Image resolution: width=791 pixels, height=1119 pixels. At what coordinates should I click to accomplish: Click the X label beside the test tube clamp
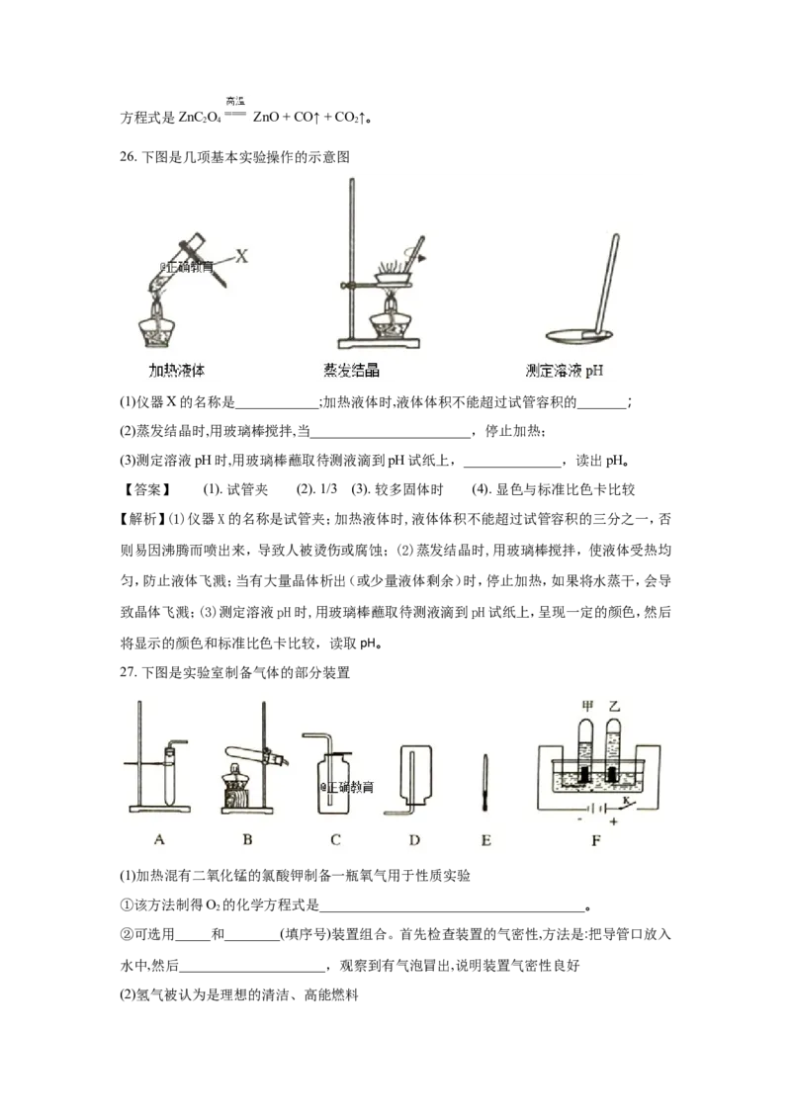tap(241, 255)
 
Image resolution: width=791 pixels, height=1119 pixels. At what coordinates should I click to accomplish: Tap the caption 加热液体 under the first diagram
tap(176, 371)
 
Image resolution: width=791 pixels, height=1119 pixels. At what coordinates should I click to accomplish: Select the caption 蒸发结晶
tap(351, 370)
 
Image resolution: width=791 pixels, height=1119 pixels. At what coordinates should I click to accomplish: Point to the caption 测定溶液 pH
tap(564, 371)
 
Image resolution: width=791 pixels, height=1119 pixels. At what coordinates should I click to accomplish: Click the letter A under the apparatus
tap(159, 839)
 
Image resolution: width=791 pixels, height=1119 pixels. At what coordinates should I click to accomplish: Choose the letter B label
tap(247, 839)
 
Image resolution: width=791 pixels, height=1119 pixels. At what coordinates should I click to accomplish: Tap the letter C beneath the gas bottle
tap(335, 839)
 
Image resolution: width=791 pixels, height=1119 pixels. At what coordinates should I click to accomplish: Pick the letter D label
tap(414, 840)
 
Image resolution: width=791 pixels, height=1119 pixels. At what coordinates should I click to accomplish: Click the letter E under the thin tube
tap(485, 840)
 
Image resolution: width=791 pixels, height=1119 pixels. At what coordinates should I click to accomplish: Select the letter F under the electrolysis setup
tap(596, 840)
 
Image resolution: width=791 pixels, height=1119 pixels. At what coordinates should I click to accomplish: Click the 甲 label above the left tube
tap(587, 707)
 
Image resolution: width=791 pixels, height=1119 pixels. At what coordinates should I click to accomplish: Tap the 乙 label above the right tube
tap(615, 707)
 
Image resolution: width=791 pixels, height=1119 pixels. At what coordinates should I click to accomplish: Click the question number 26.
tap(128, 156)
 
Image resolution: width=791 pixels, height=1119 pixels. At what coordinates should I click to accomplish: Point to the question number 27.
tap(128, 672)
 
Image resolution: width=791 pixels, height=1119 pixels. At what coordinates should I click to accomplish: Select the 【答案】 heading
tap(146, 489)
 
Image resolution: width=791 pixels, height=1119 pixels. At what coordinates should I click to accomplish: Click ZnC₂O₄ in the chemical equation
tap(199, 117)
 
